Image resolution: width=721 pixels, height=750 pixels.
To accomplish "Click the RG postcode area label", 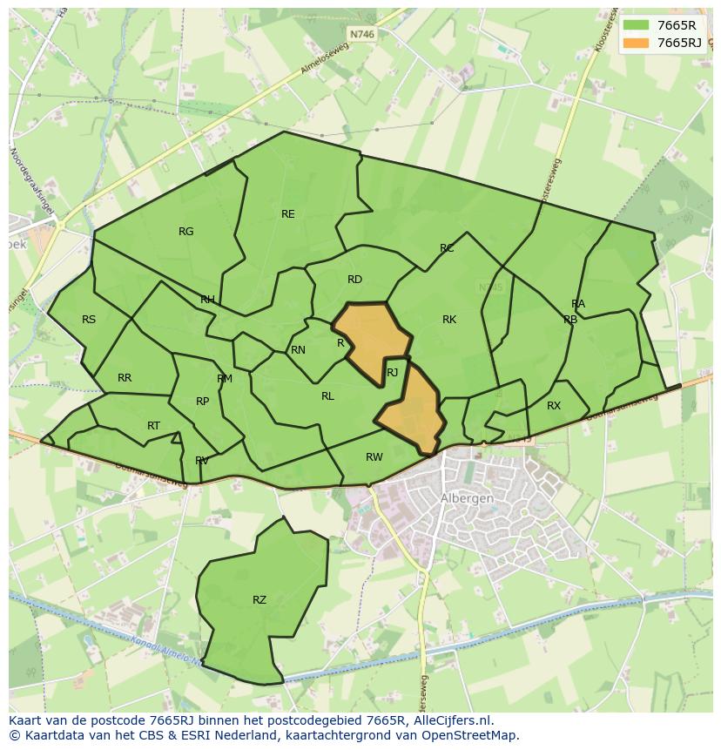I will tap(185, 232).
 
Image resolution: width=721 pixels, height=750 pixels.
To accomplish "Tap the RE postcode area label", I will tap(288, 214).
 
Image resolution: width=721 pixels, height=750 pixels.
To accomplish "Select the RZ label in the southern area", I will tap(259, 600).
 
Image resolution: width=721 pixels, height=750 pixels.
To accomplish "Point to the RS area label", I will tap(89, 320).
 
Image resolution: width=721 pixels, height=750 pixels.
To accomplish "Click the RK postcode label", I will tap(449, 320).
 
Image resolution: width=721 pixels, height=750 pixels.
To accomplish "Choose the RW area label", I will tap(374, 457).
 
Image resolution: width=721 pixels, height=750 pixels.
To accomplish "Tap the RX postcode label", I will tap(554, 406).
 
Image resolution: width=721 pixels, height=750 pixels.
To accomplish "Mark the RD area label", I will tap(354, 280).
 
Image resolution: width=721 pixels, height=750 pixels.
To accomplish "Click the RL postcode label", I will tap(327, 396).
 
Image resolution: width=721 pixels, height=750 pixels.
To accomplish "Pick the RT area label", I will tap(153, 426).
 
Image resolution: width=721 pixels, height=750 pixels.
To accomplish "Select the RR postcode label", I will tap(125, 378).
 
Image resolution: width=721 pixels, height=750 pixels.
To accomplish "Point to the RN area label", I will tap(298, 350).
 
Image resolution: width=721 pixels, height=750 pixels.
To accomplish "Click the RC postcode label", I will tap(447, 248).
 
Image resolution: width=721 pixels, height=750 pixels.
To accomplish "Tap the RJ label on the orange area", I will tap(392, 373).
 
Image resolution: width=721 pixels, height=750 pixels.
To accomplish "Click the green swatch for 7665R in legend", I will tap(636, 26).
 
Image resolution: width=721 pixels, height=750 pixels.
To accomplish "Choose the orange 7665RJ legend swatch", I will tap(636, 43).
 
